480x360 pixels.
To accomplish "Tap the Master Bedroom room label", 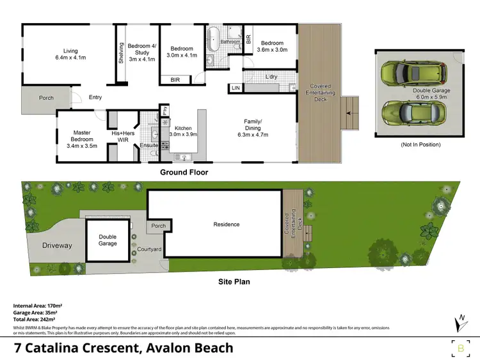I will tap(81, 139).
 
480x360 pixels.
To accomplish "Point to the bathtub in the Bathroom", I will tap(214, 33).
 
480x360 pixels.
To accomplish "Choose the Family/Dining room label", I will tap(256, 128).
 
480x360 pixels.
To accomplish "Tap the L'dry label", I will tap(271, 77).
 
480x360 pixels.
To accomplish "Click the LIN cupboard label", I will tap(236, 88).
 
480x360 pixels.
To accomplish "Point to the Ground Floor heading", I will tap(184, 172).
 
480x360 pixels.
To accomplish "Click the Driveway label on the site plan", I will tap(58, 246).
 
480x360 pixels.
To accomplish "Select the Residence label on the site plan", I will tap(227, 224).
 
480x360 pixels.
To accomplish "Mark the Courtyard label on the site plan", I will tap(149, 249).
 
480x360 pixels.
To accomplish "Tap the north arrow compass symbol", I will tap(460, 323).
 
